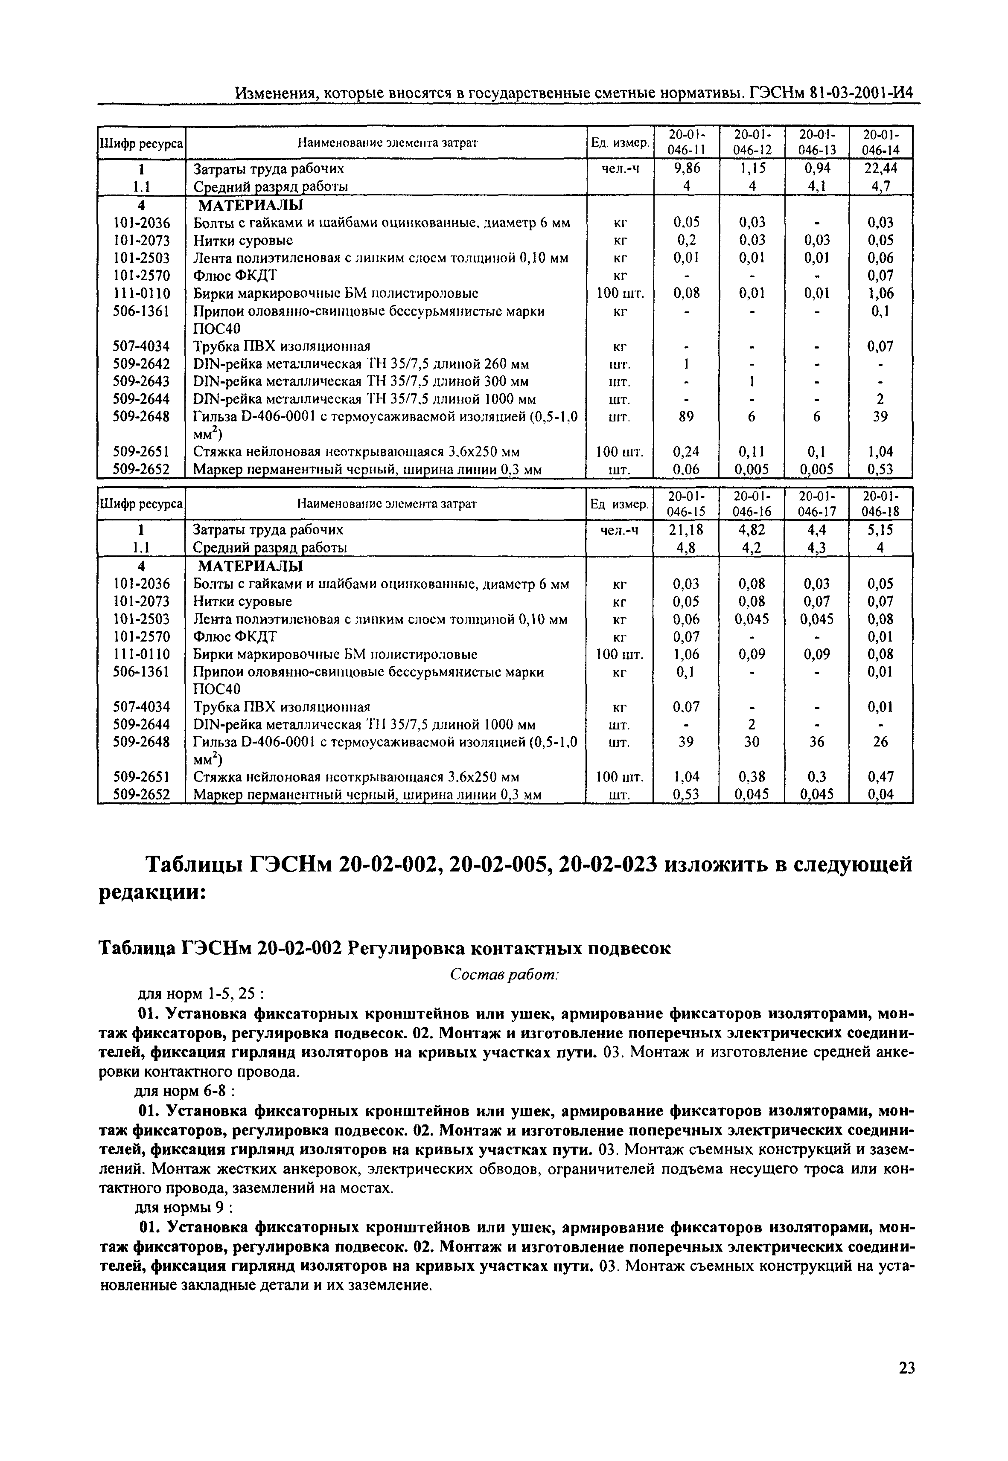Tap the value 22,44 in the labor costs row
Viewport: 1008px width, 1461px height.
tap(880, 168)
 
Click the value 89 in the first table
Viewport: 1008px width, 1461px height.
tap(686, 417)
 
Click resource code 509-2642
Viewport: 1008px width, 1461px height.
tap(142, 364)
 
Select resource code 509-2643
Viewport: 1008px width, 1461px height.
tap(142, 382)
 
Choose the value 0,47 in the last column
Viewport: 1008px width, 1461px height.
tap(880, 777)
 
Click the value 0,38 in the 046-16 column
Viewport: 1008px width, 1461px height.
tap(751, 777)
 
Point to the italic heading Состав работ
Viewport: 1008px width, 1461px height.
tap(504, 976)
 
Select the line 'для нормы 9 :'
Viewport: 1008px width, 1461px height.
tap(185, 1208)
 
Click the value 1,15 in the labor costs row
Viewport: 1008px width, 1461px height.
tap(751, 168)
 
